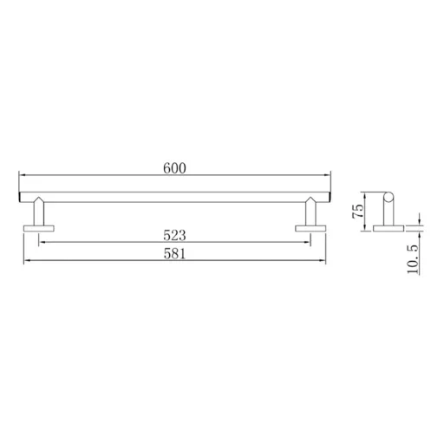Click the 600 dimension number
tap(174, 168)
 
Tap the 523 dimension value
tap(174, 235)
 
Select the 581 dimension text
tap(174, 254)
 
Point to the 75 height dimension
tap(358, 211)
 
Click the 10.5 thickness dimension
tap(413, 259)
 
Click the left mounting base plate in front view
tap(39, 228)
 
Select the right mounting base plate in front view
tap(310, 228)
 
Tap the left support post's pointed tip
tap(39, 197)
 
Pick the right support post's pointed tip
tap(310, 197)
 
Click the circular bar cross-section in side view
tap(388, 197)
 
